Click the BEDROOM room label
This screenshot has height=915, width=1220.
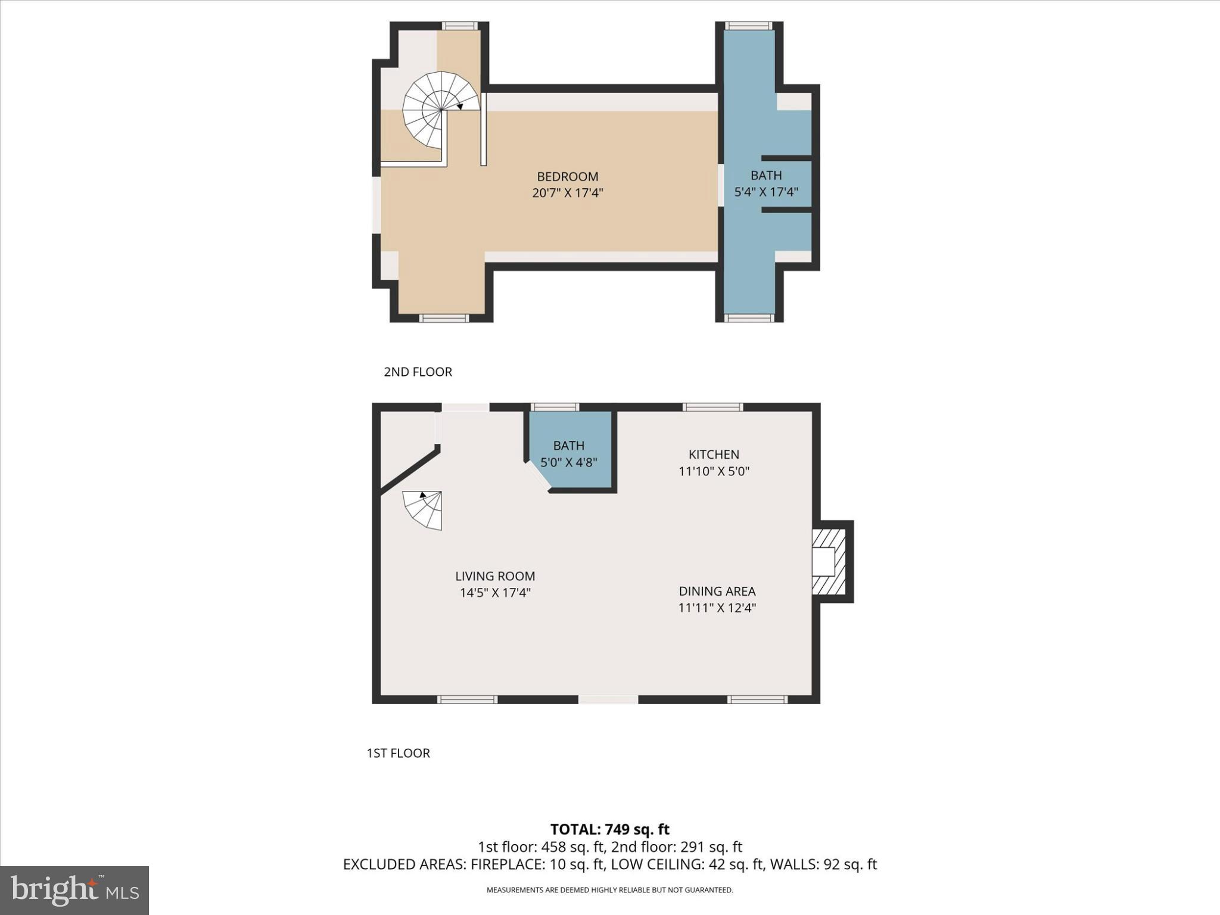[x=567, y=176]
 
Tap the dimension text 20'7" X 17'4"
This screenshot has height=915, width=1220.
[x=567, y=193]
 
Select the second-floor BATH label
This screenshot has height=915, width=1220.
[x=765, y=175]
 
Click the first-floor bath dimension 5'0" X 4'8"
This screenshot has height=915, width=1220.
[x=568, y=462]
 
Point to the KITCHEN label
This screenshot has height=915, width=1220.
[x=714, y=455]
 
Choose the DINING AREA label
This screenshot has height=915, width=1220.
[x=717, y=591]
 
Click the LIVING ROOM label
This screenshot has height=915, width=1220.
[x=494, y=576]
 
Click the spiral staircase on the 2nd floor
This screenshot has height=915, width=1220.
[x=440, y=111]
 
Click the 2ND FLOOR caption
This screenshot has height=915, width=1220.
[x=418, y=372]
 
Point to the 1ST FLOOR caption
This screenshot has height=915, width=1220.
[x=398, y=753]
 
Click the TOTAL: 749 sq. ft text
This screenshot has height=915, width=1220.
[x=609, y=829]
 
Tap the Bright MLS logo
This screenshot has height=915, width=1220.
[x=74, y=890]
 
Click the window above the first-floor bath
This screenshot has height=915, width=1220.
[x=555, y=407]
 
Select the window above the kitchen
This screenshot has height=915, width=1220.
[x=712, y=407]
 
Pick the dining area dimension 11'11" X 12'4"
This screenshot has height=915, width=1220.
[x=717, y=608]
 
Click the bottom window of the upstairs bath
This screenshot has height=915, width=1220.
[x=749, y=318]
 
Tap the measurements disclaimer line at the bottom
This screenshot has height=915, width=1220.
[x=609, y=890]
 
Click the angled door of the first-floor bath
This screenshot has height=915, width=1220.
[x=537, y=477]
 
